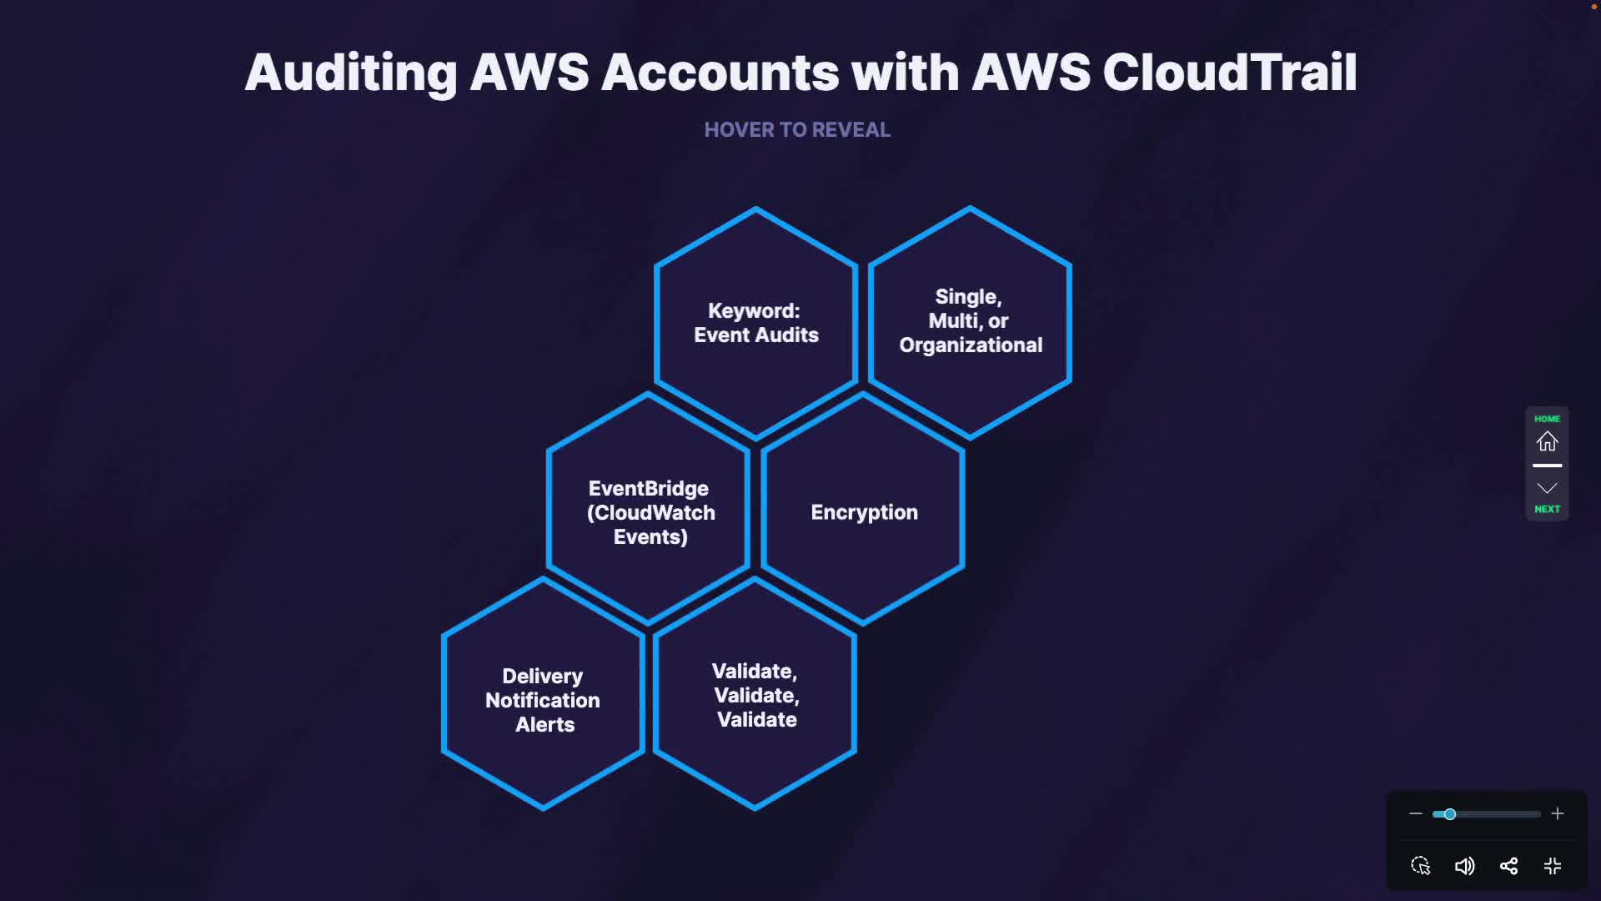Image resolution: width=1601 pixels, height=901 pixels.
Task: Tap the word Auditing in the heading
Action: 350,73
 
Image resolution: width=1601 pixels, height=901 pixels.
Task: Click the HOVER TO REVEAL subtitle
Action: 797,130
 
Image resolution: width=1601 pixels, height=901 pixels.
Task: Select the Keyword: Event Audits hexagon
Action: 756,323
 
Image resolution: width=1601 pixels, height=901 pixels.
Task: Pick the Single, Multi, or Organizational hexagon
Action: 970,321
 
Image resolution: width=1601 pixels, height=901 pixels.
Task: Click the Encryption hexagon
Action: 864,511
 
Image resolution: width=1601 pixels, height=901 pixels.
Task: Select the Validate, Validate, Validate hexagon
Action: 755,695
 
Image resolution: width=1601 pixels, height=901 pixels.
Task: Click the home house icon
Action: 1547,441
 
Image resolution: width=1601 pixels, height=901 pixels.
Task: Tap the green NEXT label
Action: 1547,509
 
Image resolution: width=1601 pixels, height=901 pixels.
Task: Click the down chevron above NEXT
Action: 1547,488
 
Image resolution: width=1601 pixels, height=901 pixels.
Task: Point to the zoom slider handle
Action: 1450,814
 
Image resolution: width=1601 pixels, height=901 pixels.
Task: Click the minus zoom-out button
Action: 1415,813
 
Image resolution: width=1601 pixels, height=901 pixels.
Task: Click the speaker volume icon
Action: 1464,866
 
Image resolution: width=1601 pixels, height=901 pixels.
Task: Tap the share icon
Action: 1508,866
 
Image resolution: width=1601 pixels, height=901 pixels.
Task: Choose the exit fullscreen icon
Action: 1552,866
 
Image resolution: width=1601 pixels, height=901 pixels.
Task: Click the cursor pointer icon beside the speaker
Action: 1420,866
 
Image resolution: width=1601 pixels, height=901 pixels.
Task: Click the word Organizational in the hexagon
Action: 971,345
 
